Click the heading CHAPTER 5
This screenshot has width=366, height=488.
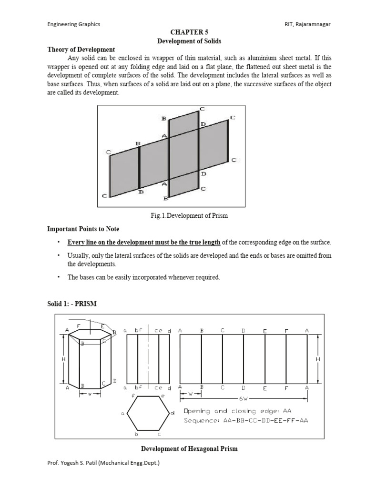click(x=183, y=32)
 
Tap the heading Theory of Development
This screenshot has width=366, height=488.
click(x=81, y=50)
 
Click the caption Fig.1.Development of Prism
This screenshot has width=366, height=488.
click(x=189, y=215)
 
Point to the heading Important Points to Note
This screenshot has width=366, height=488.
click(x=83, y=229)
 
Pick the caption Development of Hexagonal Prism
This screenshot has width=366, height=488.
click(x=189, y=448)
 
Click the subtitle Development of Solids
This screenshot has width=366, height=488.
click(x=183, y=41)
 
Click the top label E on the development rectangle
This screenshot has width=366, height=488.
click(x=265, y=331)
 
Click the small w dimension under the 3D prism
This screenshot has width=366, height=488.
click(x=90, y=394)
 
